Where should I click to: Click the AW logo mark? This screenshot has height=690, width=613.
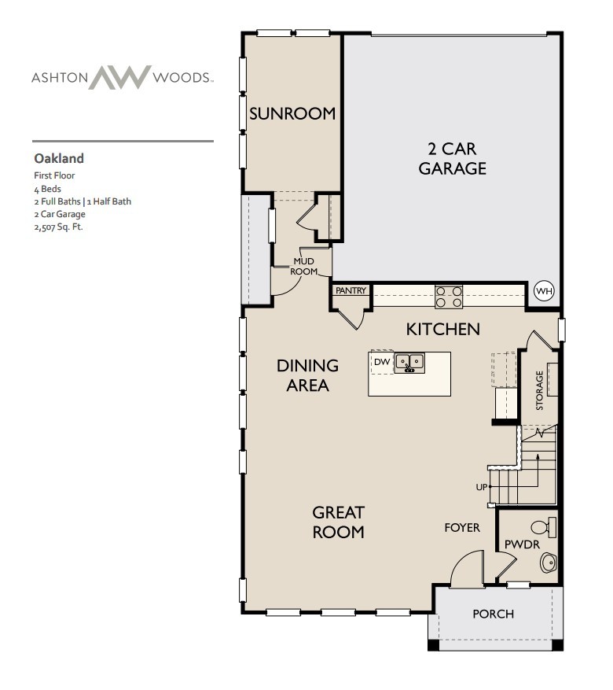coord(119,77)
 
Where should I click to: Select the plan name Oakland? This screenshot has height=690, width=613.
coord(59,159)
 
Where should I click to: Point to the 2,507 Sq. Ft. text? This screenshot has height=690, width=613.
coord(58,227)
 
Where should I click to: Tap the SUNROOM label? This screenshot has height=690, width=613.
coord(292,113)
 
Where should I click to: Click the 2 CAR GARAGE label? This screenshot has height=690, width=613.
coord(452,158)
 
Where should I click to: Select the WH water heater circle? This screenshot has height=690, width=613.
coord(544,291)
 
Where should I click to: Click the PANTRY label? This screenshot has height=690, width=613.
coord(351,290)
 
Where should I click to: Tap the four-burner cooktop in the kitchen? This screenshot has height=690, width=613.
coord(449,296)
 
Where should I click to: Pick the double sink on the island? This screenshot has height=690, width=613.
coord(409,362)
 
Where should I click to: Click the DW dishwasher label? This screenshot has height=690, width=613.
coord(382,362)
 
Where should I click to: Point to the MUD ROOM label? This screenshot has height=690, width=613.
coord(304,266)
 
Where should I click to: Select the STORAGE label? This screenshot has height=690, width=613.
coord(540,390)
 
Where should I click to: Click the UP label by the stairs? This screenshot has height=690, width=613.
coord(481,487)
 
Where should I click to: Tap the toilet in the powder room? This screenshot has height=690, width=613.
coord(544,526)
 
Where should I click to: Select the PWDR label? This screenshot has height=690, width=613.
coord(519,544)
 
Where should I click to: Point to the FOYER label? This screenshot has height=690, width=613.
coord(462,528)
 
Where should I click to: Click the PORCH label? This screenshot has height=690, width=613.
coord(493,614)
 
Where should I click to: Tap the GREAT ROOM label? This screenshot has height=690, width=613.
coord(339,522)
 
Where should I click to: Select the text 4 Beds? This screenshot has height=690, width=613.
coord(47,189)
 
